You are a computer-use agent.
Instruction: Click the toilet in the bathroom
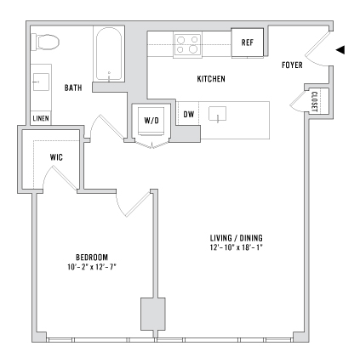pyautogui.click(x=45, y=42)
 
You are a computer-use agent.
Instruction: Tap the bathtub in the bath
pyautogui.click(x=109, y=54)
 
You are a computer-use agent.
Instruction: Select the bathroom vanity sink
pyautogui.click(x=41, y=82)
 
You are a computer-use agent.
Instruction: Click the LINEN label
pyautogui.click(x=41, y=118)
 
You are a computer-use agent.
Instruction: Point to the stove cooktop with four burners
pyautogui.click(x=188, y=44)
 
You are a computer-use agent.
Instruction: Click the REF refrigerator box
pyautogui.click(x=247, y=43)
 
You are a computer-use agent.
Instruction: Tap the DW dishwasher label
pyautogui.click(x=189, y=114)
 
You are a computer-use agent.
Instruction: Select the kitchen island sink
pyautogui.click(x=217, y=114)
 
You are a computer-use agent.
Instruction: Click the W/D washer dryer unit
pyautogui.click(x=151, y=121)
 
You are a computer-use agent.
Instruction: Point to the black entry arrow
pyautogui.click(x=340, y=50)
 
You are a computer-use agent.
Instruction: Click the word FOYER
pyautogui.click(x=292, y=65)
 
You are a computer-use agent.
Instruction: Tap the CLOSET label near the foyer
pyautogui.click(x=315, y=101)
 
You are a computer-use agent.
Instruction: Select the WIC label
pyautogui.click(x=56, y=157)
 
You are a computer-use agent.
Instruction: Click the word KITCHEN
pyautogui.click(x=211, y=79)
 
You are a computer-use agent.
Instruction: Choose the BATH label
pyautogui.click(x=73, y=88)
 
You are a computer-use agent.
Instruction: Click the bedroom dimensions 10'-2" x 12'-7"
pyautogui.click(x=92, y=267)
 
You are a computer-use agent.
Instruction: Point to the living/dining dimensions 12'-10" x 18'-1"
pyautogui.click(x=237, y=247)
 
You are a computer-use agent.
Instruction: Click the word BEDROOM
pyautogui.click(x=92, y=258)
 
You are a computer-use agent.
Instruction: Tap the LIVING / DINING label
pyautogui.click(x=237, y=238)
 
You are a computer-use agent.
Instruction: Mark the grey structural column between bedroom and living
pyautogui.click(x=153, y=314)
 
